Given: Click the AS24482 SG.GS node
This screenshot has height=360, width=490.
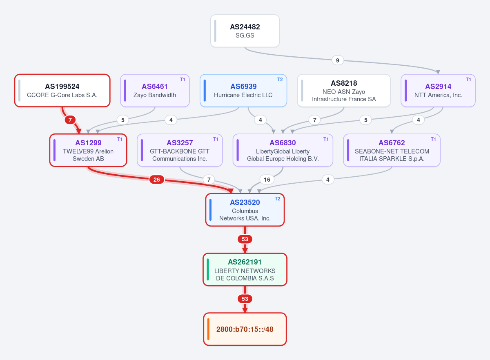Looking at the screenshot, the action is pyautogui.click(x=245, y=31).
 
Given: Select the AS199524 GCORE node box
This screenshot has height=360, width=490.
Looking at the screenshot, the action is pyautogui.click(x=62, y=91).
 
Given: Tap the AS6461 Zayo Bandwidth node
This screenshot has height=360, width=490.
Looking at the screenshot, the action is pyautogui.click(x=155, y=91).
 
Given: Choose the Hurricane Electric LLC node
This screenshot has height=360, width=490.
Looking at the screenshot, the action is pyautogui.click(x=243, y=91).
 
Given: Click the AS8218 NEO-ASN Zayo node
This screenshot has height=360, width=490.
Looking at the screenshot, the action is pyautogui.click(x=344, y=91).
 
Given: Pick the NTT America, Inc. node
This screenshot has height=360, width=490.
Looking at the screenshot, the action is pyautogui.click(x=438, y=91).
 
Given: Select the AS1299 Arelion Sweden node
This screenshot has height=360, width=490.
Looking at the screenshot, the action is pyautogui.click(x=88, y=150).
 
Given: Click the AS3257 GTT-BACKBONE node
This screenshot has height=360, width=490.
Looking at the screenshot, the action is pyautogui.click(x=180, y=150).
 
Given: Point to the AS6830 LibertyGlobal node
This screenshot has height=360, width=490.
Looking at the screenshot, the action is pyautogui.click(x=283, y=150).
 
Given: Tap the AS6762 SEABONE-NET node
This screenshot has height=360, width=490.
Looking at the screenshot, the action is pyautogui.click(x=392, y=150).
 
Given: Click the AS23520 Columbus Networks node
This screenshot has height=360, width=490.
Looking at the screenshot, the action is pyautogui.click(x=245, y=210).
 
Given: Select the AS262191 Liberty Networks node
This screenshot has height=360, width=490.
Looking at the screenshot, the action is pyautogui.click(x=245, y=269).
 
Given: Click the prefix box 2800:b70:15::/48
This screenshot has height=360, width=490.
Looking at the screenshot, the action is pyautogui.click(x=245, y=329).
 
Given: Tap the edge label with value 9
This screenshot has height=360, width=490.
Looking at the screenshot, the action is pyautogui.click(x=338, y=60).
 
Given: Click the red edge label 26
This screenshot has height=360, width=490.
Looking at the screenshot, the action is pyautogui.click(x=157, y=180).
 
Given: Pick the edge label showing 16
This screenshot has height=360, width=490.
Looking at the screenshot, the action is pyautogui.click(x=267, y=180).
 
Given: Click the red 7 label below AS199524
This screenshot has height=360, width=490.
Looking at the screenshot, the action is pyautogui.click(x=70, y=120).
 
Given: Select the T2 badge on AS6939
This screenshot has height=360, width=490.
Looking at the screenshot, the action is pyautogui.click(x=280, y=80).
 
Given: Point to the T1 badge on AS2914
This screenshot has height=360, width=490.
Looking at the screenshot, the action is pyautogui.click(x=468, y=80).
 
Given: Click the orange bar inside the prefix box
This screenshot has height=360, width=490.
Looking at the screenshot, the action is pyautogui.click(x=208, y=329).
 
